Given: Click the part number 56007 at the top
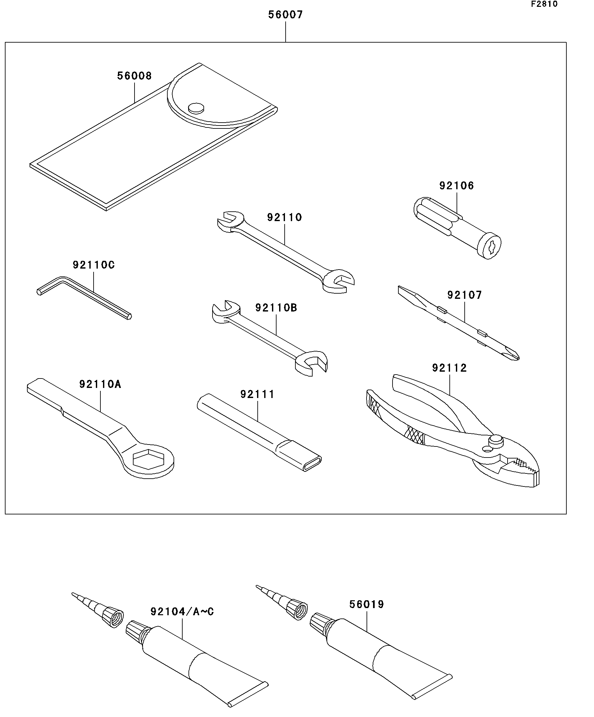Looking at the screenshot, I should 285,15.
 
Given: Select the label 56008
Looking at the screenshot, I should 134,76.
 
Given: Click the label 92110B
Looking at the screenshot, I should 276,308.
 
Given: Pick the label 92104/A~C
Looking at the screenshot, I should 182,612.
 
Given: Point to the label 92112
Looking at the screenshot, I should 449,368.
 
